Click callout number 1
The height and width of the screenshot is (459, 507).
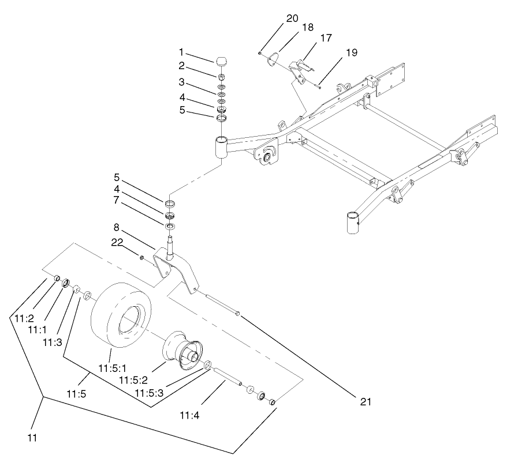tap(181, 52)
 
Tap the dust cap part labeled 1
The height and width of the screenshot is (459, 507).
tap(222, 61)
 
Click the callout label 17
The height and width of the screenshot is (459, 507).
tap(326, 38)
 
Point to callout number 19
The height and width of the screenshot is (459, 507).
tap(351, 53)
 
